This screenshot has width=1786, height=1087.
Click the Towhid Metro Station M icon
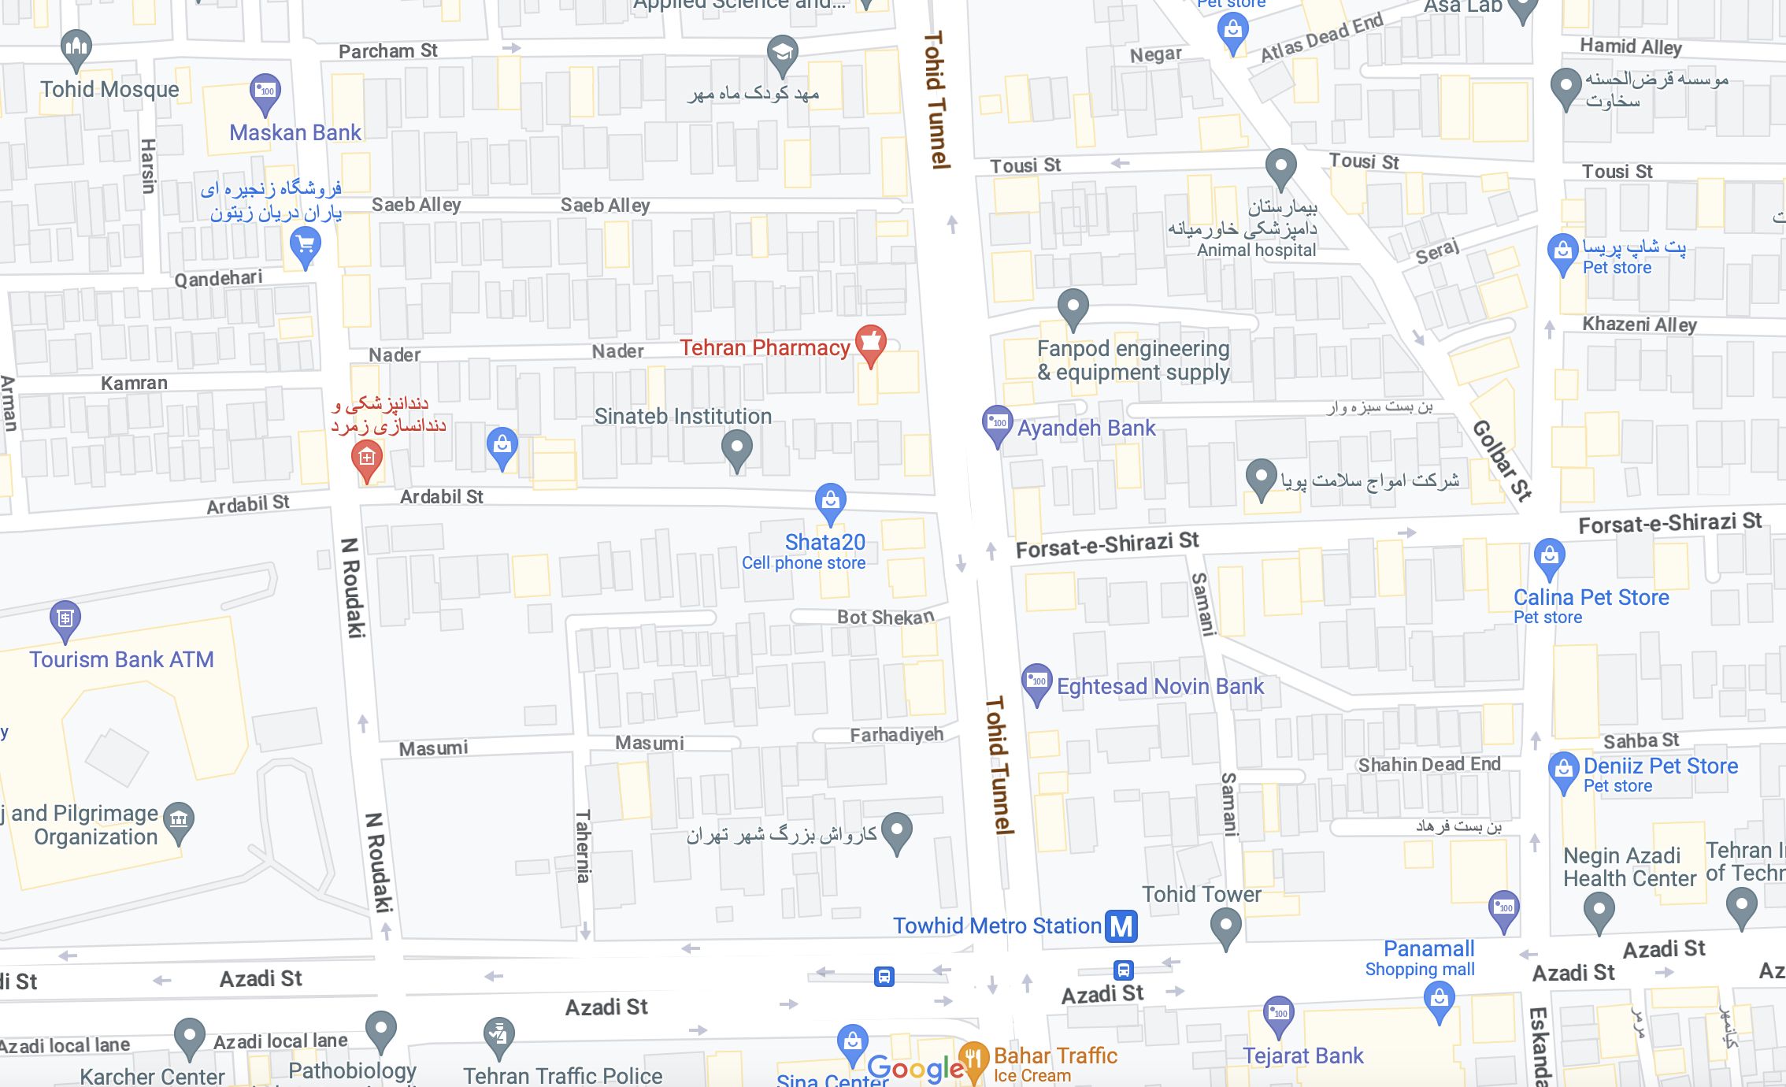click(x=1121, y=926)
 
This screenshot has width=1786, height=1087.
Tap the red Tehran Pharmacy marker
click(x=870, y=343)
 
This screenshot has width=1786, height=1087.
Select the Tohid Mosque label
click(x=109, y=89)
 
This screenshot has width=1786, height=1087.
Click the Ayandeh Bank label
click(x=1086, y=428)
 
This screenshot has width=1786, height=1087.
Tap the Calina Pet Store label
click(x=1591, y=598)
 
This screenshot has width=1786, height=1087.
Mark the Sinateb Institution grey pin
click(x=736, y=448)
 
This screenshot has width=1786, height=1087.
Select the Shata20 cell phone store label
click(x=824, y=543)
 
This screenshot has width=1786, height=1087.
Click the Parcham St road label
click(x=387, y=51)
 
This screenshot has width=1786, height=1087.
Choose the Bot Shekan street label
click(x=885, y=618)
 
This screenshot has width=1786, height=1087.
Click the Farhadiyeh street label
click(x=896, y=735)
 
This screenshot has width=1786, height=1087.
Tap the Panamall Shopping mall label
click(x=1428, y=949)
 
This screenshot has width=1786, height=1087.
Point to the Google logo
click(x=915, y=1069)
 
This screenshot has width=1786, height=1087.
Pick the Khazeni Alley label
click(x=1640, y=325)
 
